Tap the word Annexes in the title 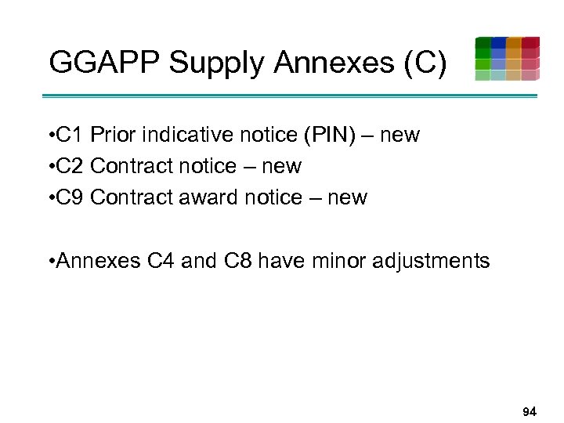[x=323, y=63]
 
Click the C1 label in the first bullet [x=71, y=136]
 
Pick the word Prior [x=111, y=136]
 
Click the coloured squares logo [x=507, y=59]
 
